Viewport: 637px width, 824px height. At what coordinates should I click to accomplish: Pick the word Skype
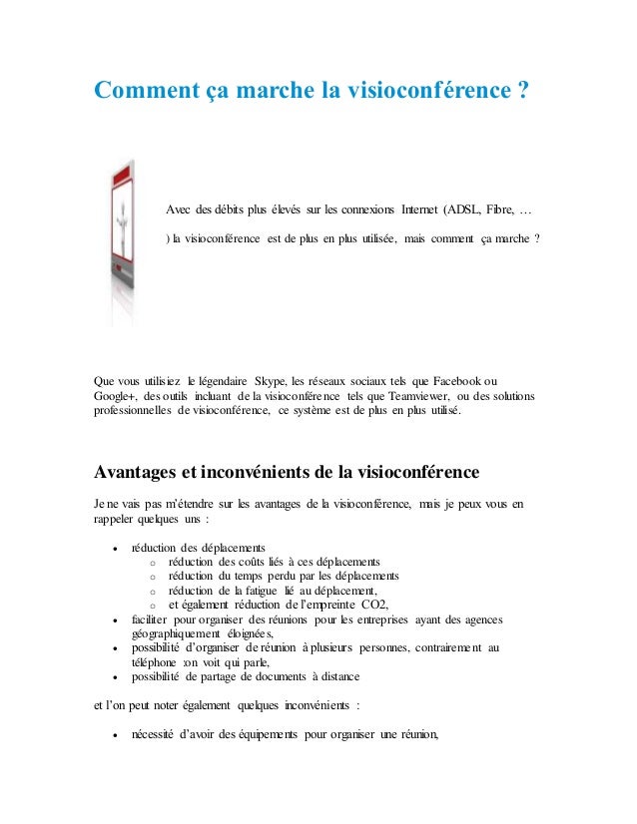(275, 382)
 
